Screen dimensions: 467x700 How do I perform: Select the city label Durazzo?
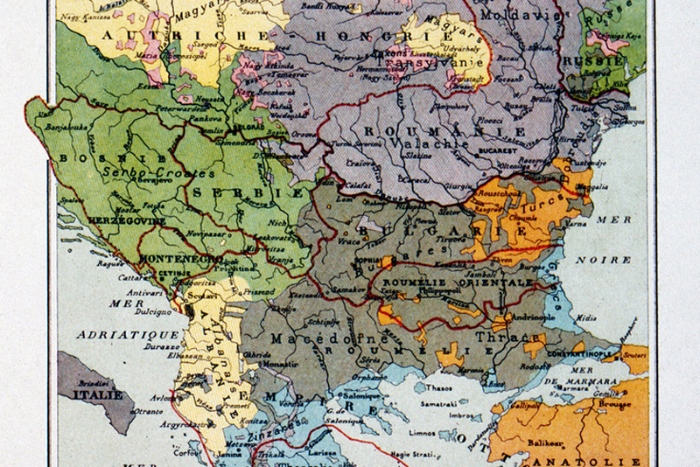pos(162,347)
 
